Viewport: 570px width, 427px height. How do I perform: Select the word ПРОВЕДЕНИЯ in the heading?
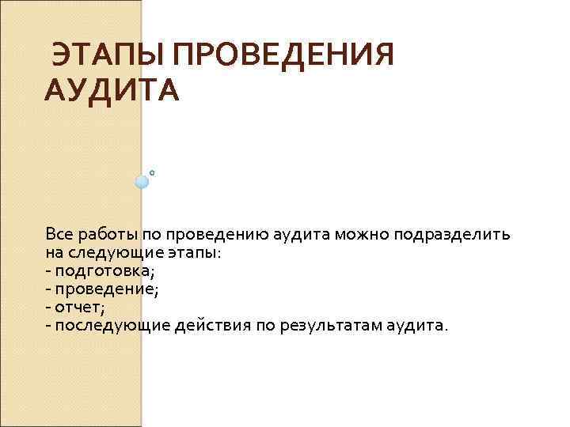click(x=282, y=57)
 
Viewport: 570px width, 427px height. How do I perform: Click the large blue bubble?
click(x=142, y=182)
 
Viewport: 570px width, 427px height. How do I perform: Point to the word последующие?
click(x=112, y=326)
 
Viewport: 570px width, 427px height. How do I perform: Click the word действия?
click(x=212, y=326)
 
